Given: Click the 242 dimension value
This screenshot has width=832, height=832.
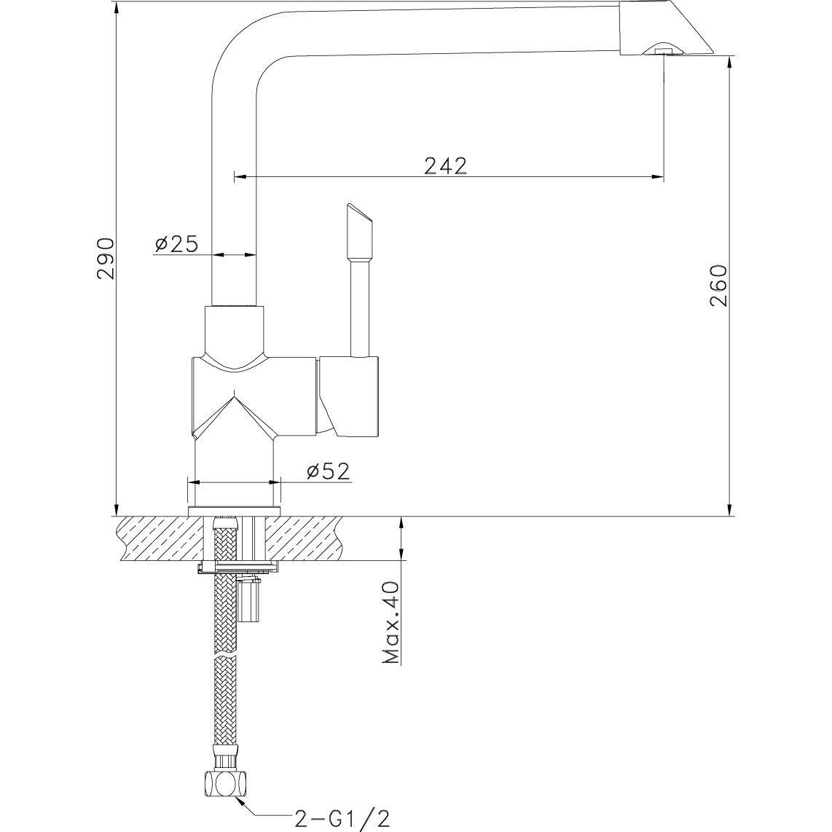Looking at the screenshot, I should (x=445, y=165).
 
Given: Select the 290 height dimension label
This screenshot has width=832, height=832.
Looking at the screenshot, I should (x=106, y=257).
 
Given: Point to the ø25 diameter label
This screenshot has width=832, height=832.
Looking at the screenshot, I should (x=176, y=244).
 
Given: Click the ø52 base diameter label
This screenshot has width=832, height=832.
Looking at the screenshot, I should (x=328, y=471).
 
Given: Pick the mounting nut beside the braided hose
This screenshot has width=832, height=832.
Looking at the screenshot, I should (x=249, y=601).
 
